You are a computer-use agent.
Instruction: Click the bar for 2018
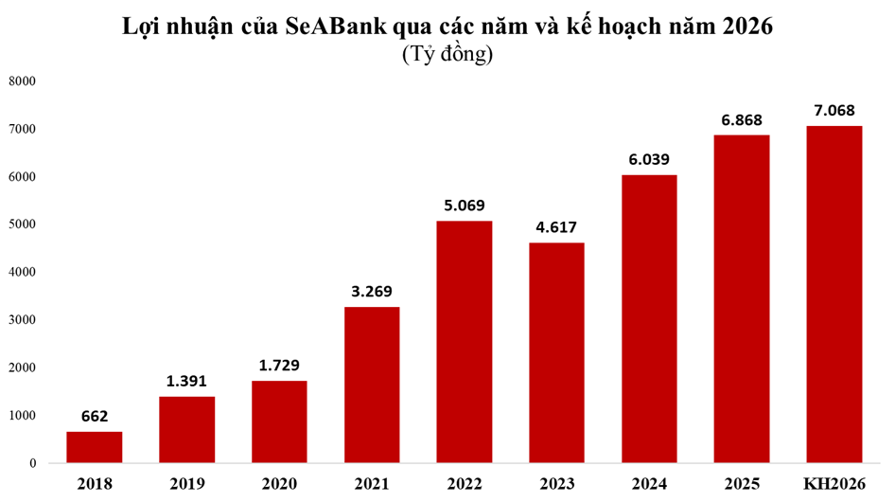[94, 447]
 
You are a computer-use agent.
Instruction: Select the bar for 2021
[372, 385]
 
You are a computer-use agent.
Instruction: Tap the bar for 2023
[556, 352]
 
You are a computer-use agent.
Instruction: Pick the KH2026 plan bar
[834, 294]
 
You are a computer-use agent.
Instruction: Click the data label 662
[94, 415]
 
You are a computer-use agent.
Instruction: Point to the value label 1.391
[186, 380]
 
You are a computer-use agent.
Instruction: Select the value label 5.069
[464, 205]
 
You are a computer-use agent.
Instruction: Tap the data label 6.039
[649, 158]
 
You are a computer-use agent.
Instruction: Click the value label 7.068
[834, 110]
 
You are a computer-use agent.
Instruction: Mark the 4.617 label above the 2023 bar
[556, 226]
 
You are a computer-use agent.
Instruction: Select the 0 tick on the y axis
[32, 463]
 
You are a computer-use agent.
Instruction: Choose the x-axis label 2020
[279, 484]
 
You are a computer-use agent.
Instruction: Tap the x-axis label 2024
[649, 484]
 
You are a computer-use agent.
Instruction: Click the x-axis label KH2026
[834, 484]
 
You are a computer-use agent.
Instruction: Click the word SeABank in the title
[335, 27]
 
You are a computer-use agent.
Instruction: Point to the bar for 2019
[186, 429]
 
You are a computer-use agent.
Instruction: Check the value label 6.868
[742, 119]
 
